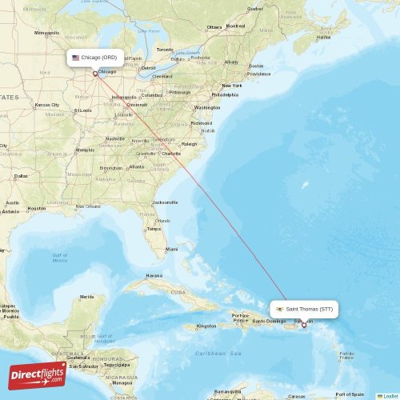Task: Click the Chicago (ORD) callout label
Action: click(x=95, y=58)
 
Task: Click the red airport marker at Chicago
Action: click(x=95, y=74)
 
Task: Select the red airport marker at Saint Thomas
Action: click(x=303, y=325)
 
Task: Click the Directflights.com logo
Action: click(x=38, y=374)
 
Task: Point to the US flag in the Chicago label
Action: click(x=76, y=58)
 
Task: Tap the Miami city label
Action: click(x=171, y=249)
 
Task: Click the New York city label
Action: click(x=231, y=86)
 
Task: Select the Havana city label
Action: click(x=154, y=276)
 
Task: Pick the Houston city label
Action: click(x=37, y=208)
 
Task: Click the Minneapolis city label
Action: click(x=47, y=33)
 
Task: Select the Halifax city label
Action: click(x=323, y=37)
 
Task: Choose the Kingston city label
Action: click(x=206, y=326)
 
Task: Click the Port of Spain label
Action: click(x=350, y=394)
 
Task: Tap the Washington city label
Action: click(x=206, y=107)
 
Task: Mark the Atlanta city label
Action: click(x=137, y=166)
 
